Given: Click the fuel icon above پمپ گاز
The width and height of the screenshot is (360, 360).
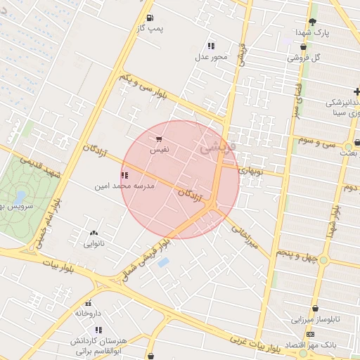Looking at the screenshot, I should [x=149, y=18].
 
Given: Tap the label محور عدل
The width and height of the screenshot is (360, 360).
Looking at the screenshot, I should [x=212, y=56].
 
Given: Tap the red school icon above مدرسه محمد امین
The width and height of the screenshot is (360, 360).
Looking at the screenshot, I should [x=124, y=176].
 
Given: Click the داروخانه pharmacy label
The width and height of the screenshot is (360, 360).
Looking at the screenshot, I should [x=89, y=313].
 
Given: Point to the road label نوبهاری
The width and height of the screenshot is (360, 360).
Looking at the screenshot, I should [x=250, y=170].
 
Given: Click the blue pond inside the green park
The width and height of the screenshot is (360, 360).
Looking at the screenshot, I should [x=20, y=196].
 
